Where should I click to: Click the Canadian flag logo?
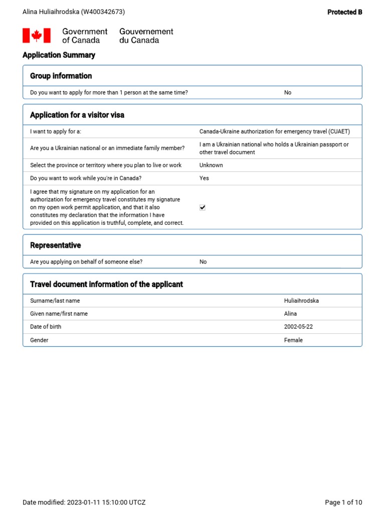pos(37,36)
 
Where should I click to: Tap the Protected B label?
pos(344,12)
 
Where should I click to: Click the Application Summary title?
pos(59,55)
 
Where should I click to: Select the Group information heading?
pos(61,76)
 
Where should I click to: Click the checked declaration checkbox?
pos(203,207)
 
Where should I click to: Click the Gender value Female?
pos(293,340)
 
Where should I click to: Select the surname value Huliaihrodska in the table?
pos(301,301)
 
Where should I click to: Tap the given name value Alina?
pos(290,314)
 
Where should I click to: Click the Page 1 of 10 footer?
pos(343,502)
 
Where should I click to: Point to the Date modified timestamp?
pos(84,502)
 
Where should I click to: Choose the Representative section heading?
pos(55,245)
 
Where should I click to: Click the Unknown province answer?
pos(211,165)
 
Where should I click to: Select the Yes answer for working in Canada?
pos(204,178)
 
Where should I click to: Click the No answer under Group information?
pos(288,93)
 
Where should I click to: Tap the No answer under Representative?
pos(203,262)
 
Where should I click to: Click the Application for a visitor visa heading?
pos(77,115)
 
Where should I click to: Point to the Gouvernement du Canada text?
pos(146,36)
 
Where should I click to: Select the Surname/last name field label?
pos(55,301)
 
